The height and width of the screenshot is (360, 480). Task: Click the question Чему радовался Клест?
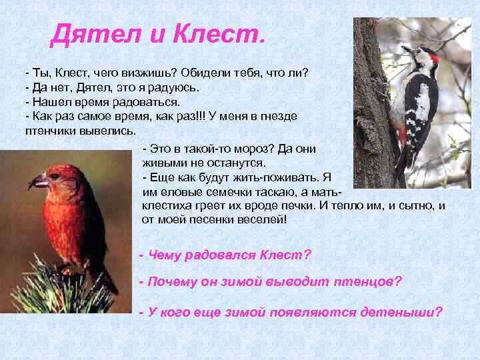(x=225, y=255)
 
